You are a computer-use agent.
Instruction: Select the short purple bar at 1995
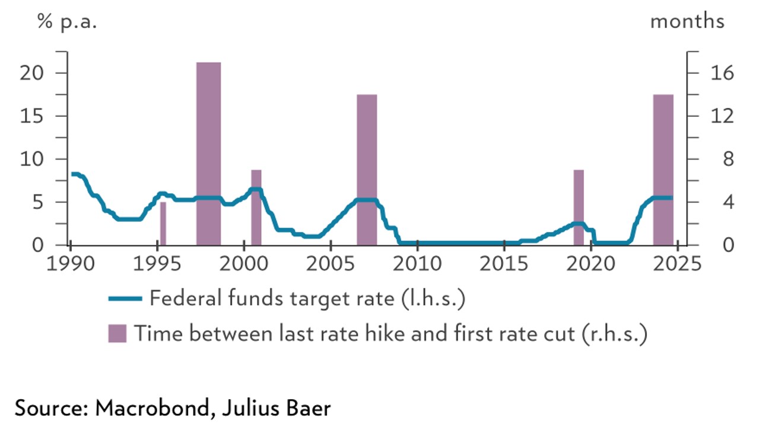[x=163, y=224]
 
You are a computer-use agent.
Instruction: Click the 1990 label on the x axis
[x=71, y=263]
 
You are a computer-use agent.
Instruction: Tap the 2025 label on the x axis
[x=678, y=263]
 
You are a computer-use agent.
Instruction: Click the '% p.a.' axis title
[x=66, y=22]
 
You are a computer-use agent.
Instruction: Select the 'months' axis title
[x=687, y=22]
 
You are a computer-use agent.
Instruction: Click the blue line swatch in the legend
[x=125, y=298]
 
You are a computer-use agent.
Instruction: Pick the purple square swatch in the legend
[x=117, y=333]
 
